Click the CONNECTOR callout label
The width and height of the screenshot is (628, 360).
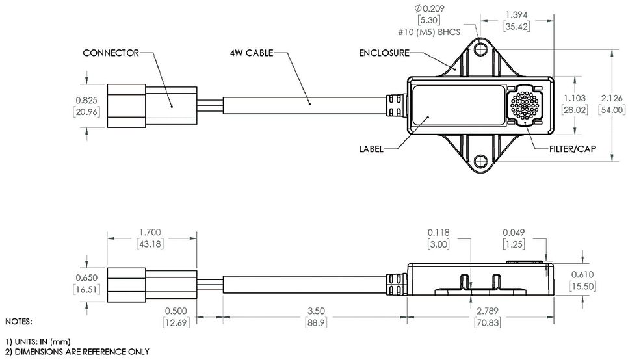pos(111,53)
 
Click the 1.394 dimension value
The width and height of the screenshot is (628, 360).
pos(518,14)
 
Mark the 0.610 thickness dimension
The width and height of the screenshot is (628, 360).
pos(582,274)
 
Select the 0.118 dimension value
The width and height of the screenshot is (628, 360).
pos(439,231)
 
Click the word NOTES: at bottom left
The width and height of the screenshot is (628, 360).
pos(18,321)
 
